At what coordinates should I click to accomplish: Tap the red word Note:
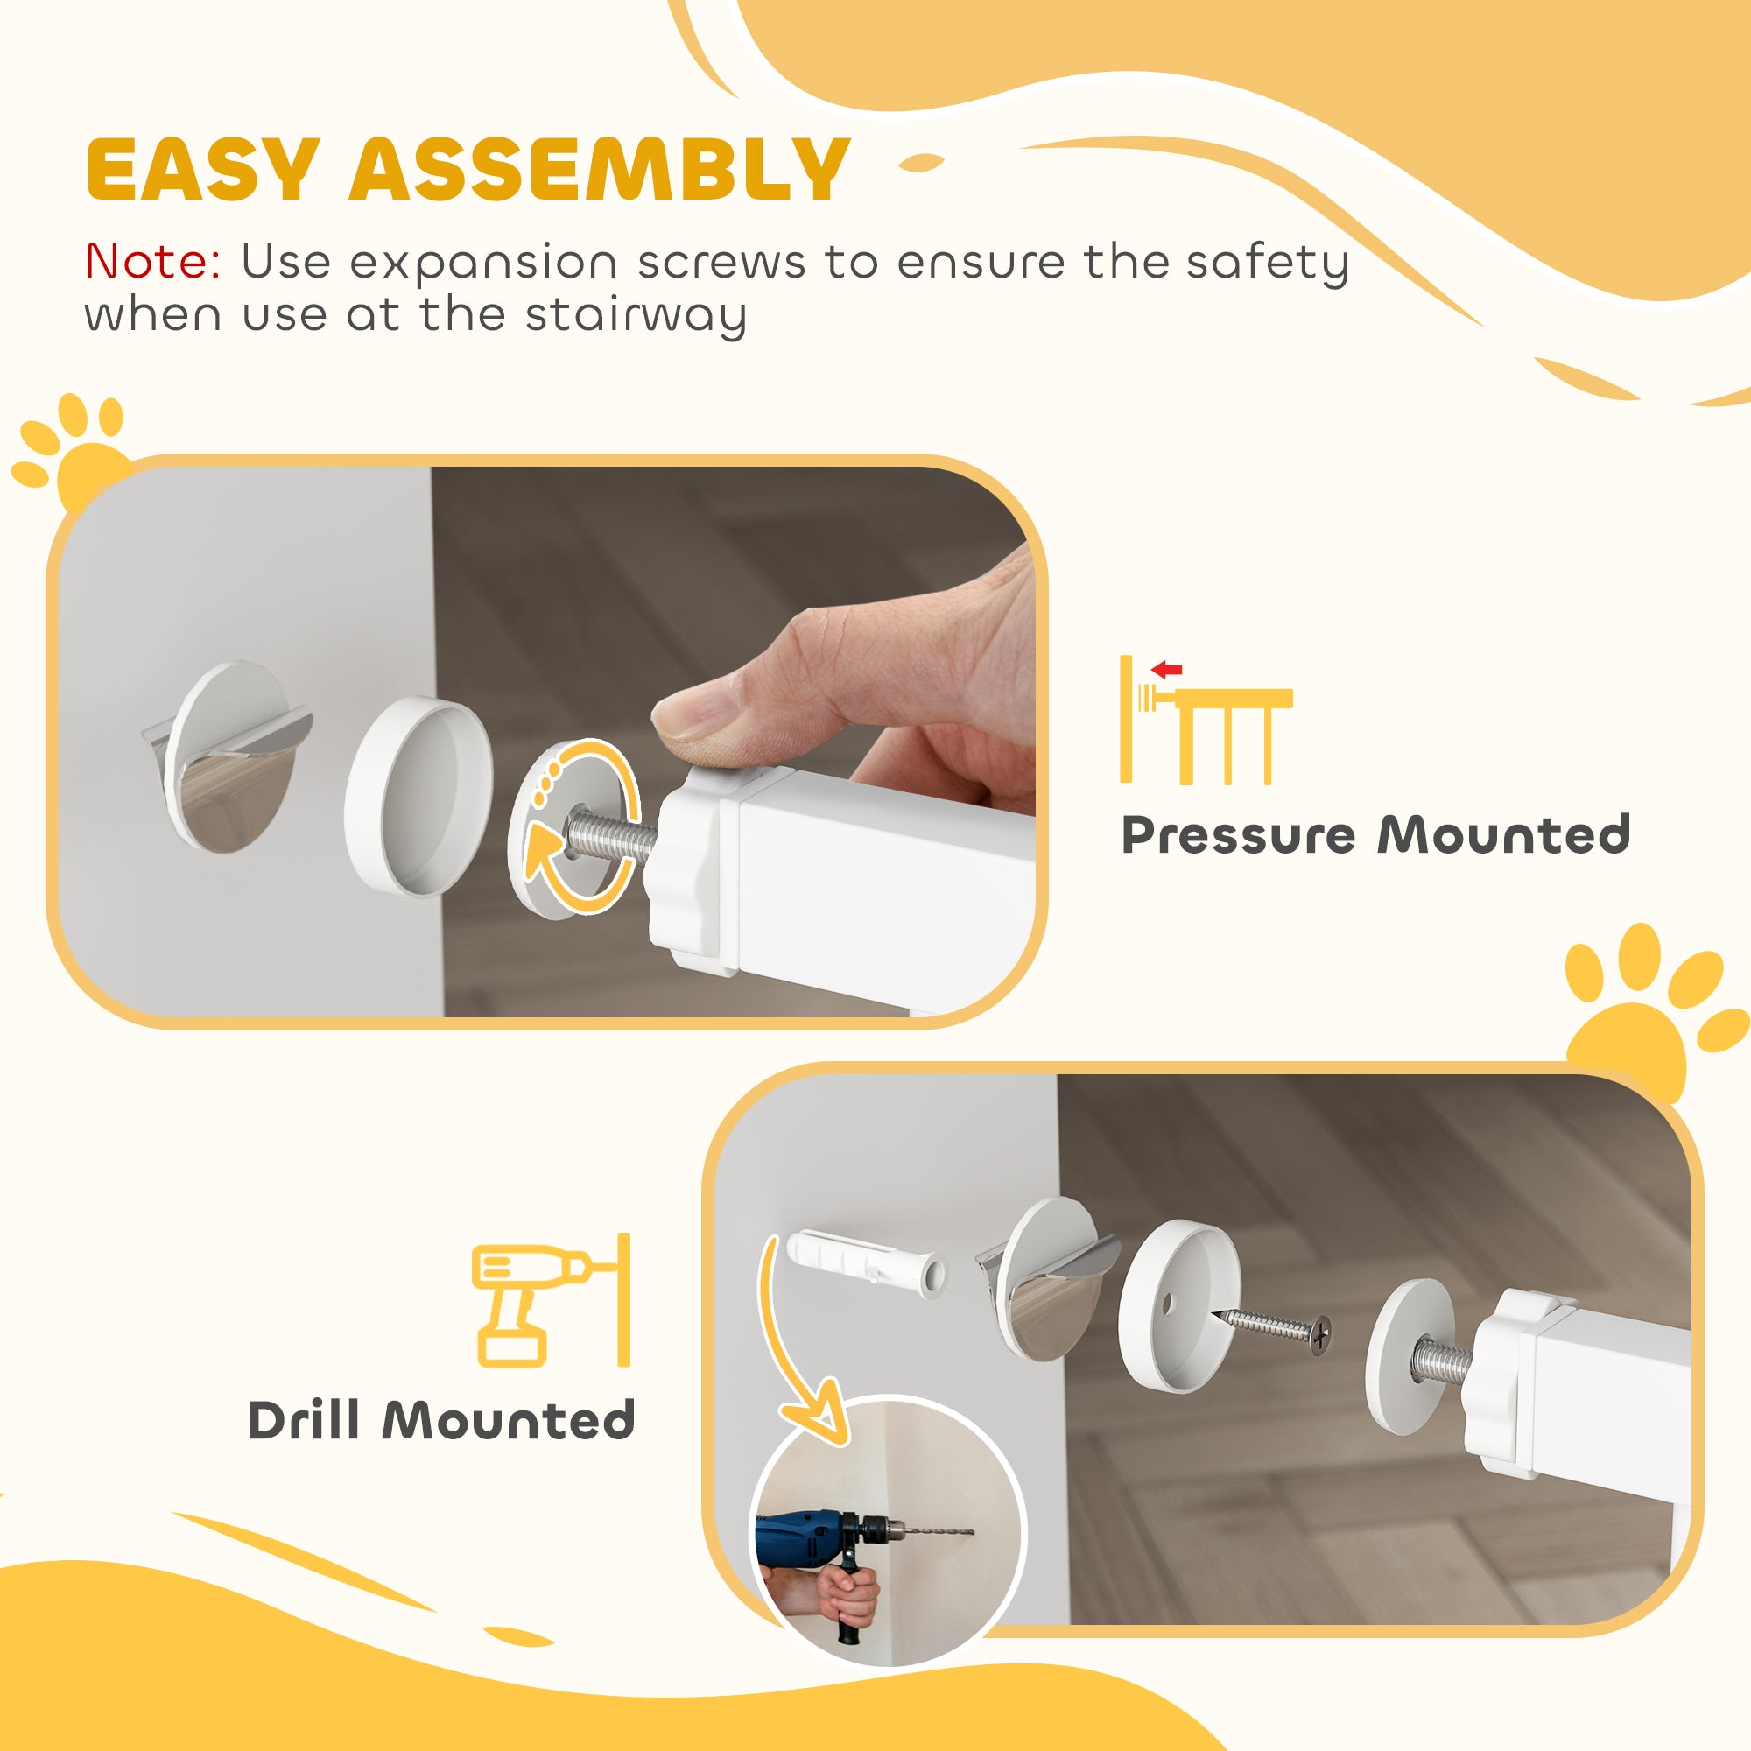(x=152, y=262)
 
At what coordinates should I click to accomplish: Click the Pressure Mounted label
(x=1375, y=834)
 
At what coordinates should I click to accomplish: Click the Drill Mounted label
(x=441, y=1420)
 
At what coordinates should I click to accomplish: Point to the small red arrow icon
(x=1166, y=671)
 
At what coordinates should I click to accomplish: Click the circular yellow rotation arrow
(x=580, y=825)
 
